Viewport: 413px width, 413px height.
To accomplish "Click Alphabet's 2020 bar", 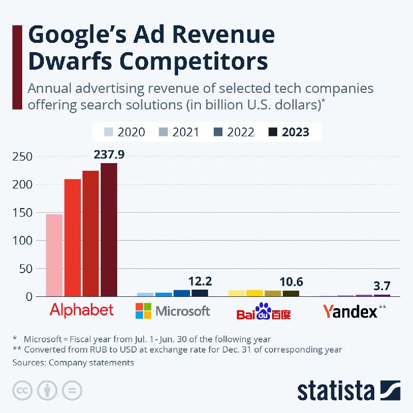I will tap(54, 255).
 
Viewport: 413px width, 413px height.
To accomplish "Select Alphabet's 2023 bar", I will tap(109, 230).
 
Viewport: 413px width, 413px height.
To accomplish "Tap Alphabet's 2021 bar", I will tap(72, 237).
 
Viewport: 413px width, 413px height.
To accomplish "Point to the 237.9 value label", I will tap(109, 154).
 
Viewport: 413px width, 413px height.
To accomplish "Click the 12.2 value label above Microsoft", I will tap(200, 281).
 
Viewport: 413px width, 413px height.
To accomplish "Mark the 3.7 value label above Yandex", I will tap(382, 285).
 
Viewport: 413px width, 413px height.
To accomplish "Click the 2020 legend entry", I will tap(125, 132).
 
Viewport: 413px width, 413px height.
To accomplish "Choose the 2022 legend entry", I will tap(234, 132).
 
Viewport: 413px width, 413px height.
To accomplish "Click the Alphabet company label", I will tap(82, 310).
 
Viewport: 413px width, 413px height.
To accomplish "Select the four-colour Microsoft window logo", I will tap(143, 311).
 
